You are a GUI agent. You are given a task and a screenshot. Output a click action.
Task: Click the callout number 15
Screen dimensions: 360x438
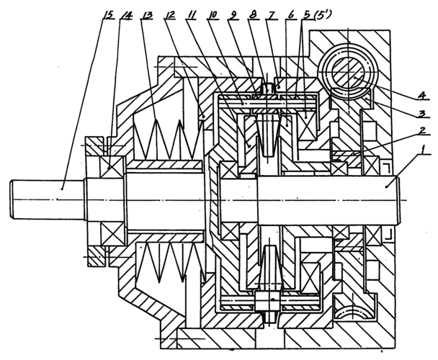(108, 14)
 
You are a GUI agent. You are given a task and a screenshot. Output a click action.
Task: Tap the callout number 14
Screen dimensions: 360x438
(126, 14)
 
